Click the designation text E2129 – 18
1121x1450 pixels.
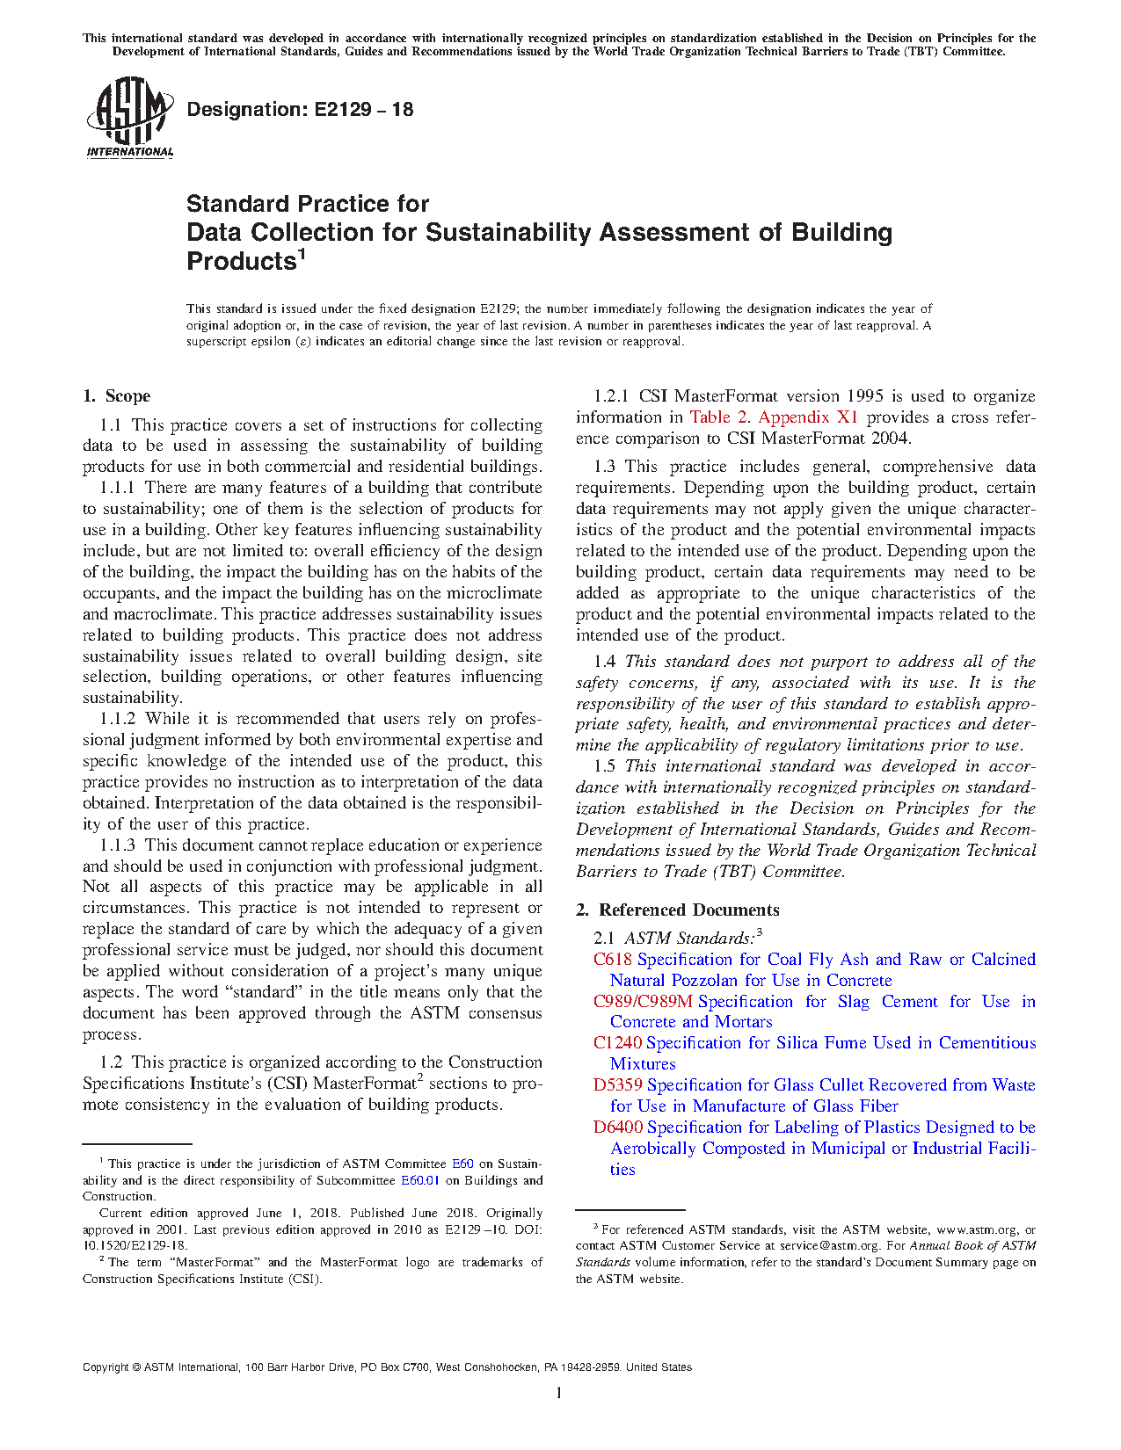[300, 110]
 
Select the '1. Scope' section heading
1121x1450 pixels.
[117, 396]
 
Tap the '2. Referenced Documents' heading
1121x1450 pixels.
[678, 910]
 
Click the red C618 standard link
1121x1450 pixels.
[613, 960]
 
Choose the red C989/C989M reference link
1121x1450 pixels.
[643, 1002]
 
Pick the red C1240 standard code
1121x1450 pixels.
[618, 1043]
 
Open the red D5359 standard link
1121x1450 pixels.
[618, 1085]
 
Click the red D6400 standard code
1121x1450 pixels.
[618, 1127]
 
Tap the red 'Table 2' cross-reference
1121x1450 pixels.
[719, 417]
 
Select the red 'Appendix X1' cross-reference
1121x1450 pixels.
[808, 417]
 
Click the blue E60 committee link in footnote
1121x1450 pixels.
[462, 1164]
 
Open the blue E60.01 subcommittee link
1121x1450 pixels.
[419, 1180]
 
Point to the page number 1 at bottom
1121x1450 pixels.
[559, 1392]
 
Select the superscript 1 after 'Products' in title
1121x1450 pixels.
[302, 255]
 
